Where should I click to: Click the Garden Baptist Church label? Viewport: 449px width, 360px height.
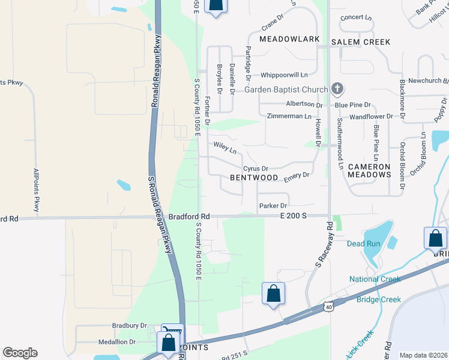click(286, 90)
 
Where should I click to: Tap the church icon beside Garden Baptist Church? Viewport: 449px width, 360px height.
click(337, 89)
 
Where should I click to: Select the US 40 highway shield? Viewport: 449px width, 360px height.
click(328, 307)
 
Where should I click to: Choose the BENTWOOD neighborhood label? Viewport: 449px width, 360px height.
click(254, 178)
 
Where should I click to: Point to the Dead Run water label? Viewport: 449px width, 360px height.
click(364, 244)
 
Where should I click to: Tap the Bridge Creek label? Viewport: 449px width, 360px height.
click(379, 299)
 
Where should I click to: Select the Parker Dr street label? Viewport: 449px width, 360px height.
click(273, 206)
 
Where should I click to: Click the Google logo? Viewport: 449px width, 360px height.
click(20, 353)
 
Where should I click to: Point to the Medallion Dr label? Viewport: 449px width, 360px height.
click(122, 342)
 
